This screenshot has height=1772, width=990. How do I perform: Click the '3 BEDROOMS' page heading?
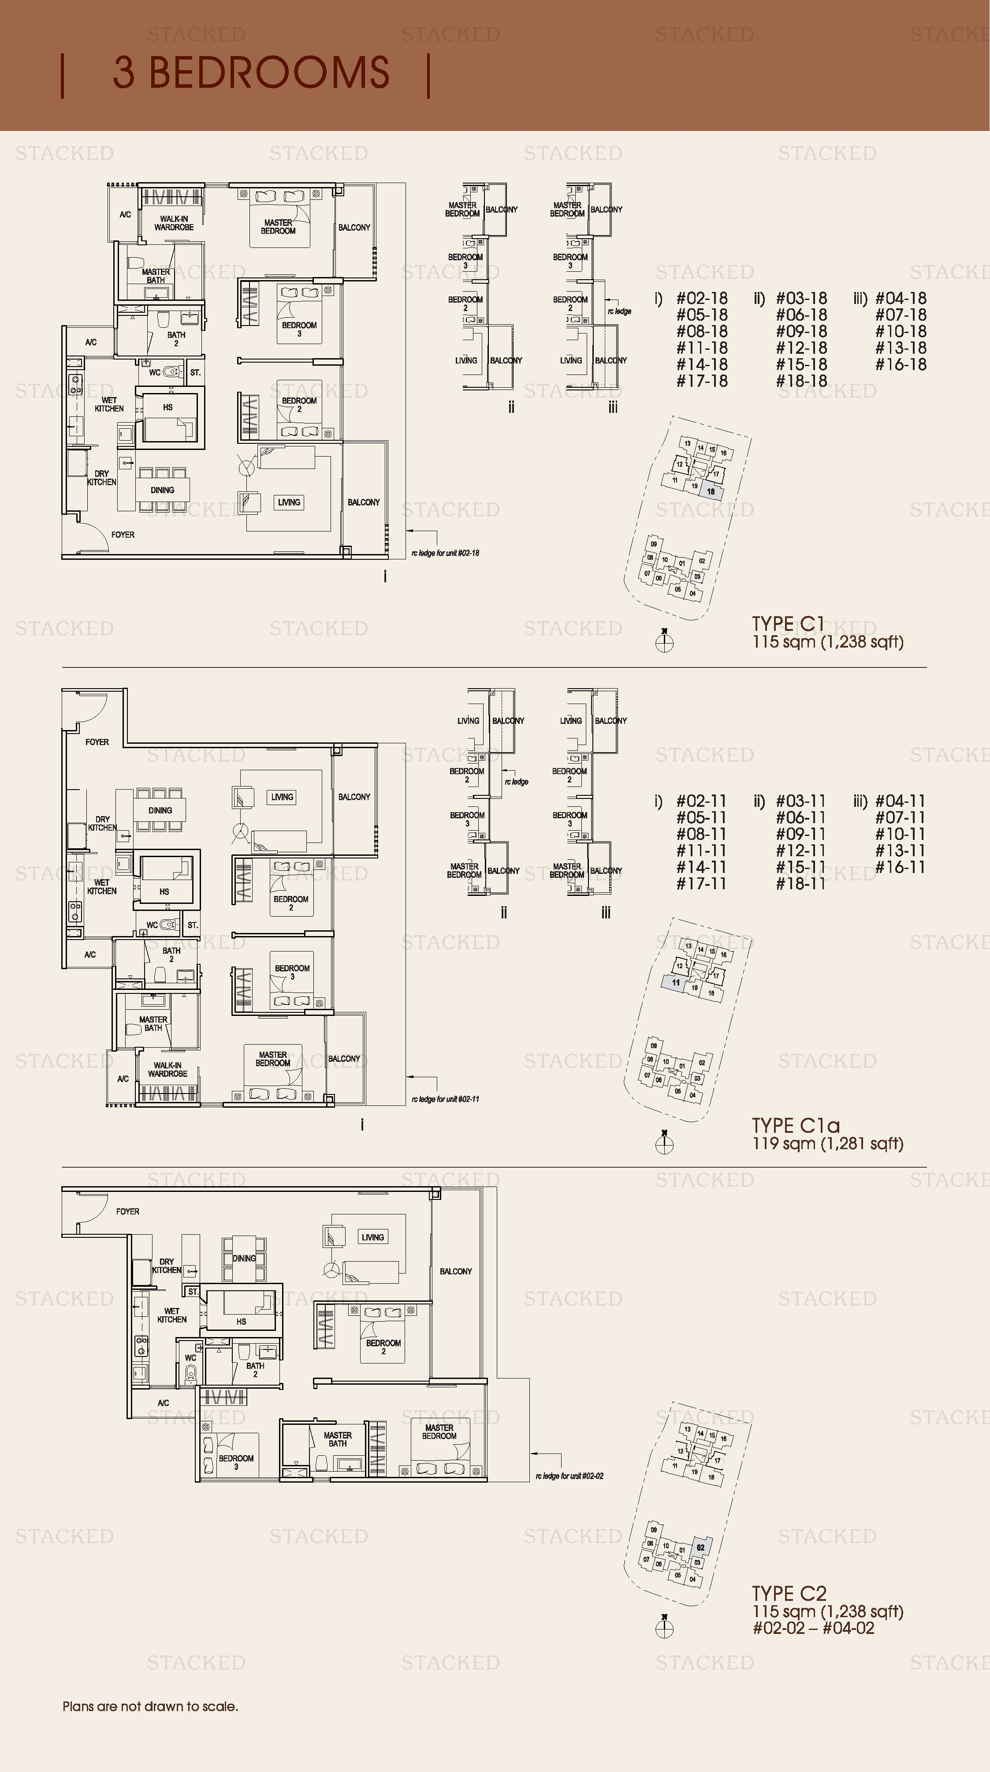coord(251,73)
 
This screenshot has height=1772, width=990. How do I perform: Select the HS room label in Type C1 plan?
coord(167,407)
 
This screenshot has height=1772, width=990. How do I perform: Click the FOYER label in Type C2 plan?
coord(127,1211)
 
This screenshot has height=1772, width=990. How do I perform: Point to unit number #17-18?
coord(701,381)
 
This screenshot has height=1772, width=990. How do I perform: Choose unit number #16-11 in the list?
coord(900,867)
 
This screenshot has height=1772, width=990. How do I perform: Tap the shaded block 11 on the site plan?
coord(676,982)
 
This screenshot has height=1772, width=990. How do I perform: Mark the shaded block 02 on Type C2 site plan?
coord(700,1548)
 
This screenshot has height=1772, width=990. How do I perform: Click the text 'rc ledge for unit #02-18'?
coord(445,553)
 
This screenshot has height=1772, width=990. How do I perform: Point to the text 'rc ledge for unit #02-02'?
coord(569,1476)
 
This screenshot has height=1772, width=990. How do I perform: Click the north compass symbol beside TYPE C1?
coord(664,642)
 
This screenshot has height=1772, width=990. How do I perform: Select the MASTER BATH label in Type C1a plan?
coord(153,1023)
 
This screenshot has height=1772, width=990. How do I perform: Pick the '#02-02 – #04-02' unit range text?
coord(813,1628)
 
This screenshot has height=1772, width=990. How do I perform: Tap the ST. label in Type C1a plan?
coord(193,925)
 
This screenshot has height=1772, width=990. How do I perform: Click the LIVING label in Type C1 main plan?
coord(289,502)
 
